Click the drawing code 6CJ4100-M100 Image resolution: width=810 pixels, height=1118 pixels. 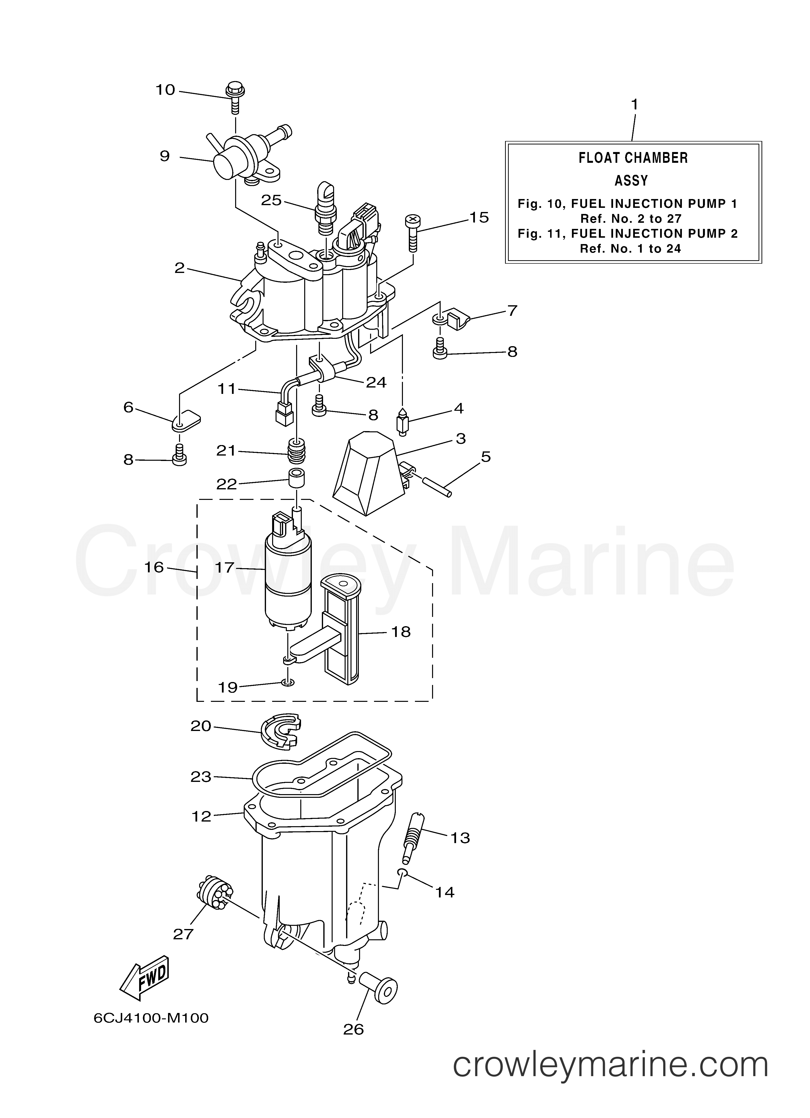pyautogui.click(x=151, y=1030)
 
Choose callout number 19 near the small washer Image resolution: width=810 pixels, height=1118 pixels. pyautogui.click(x=228, y=687)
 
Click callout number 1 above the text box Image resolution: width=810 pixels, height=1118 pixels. pyautogui.click(x=634, y=105)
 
